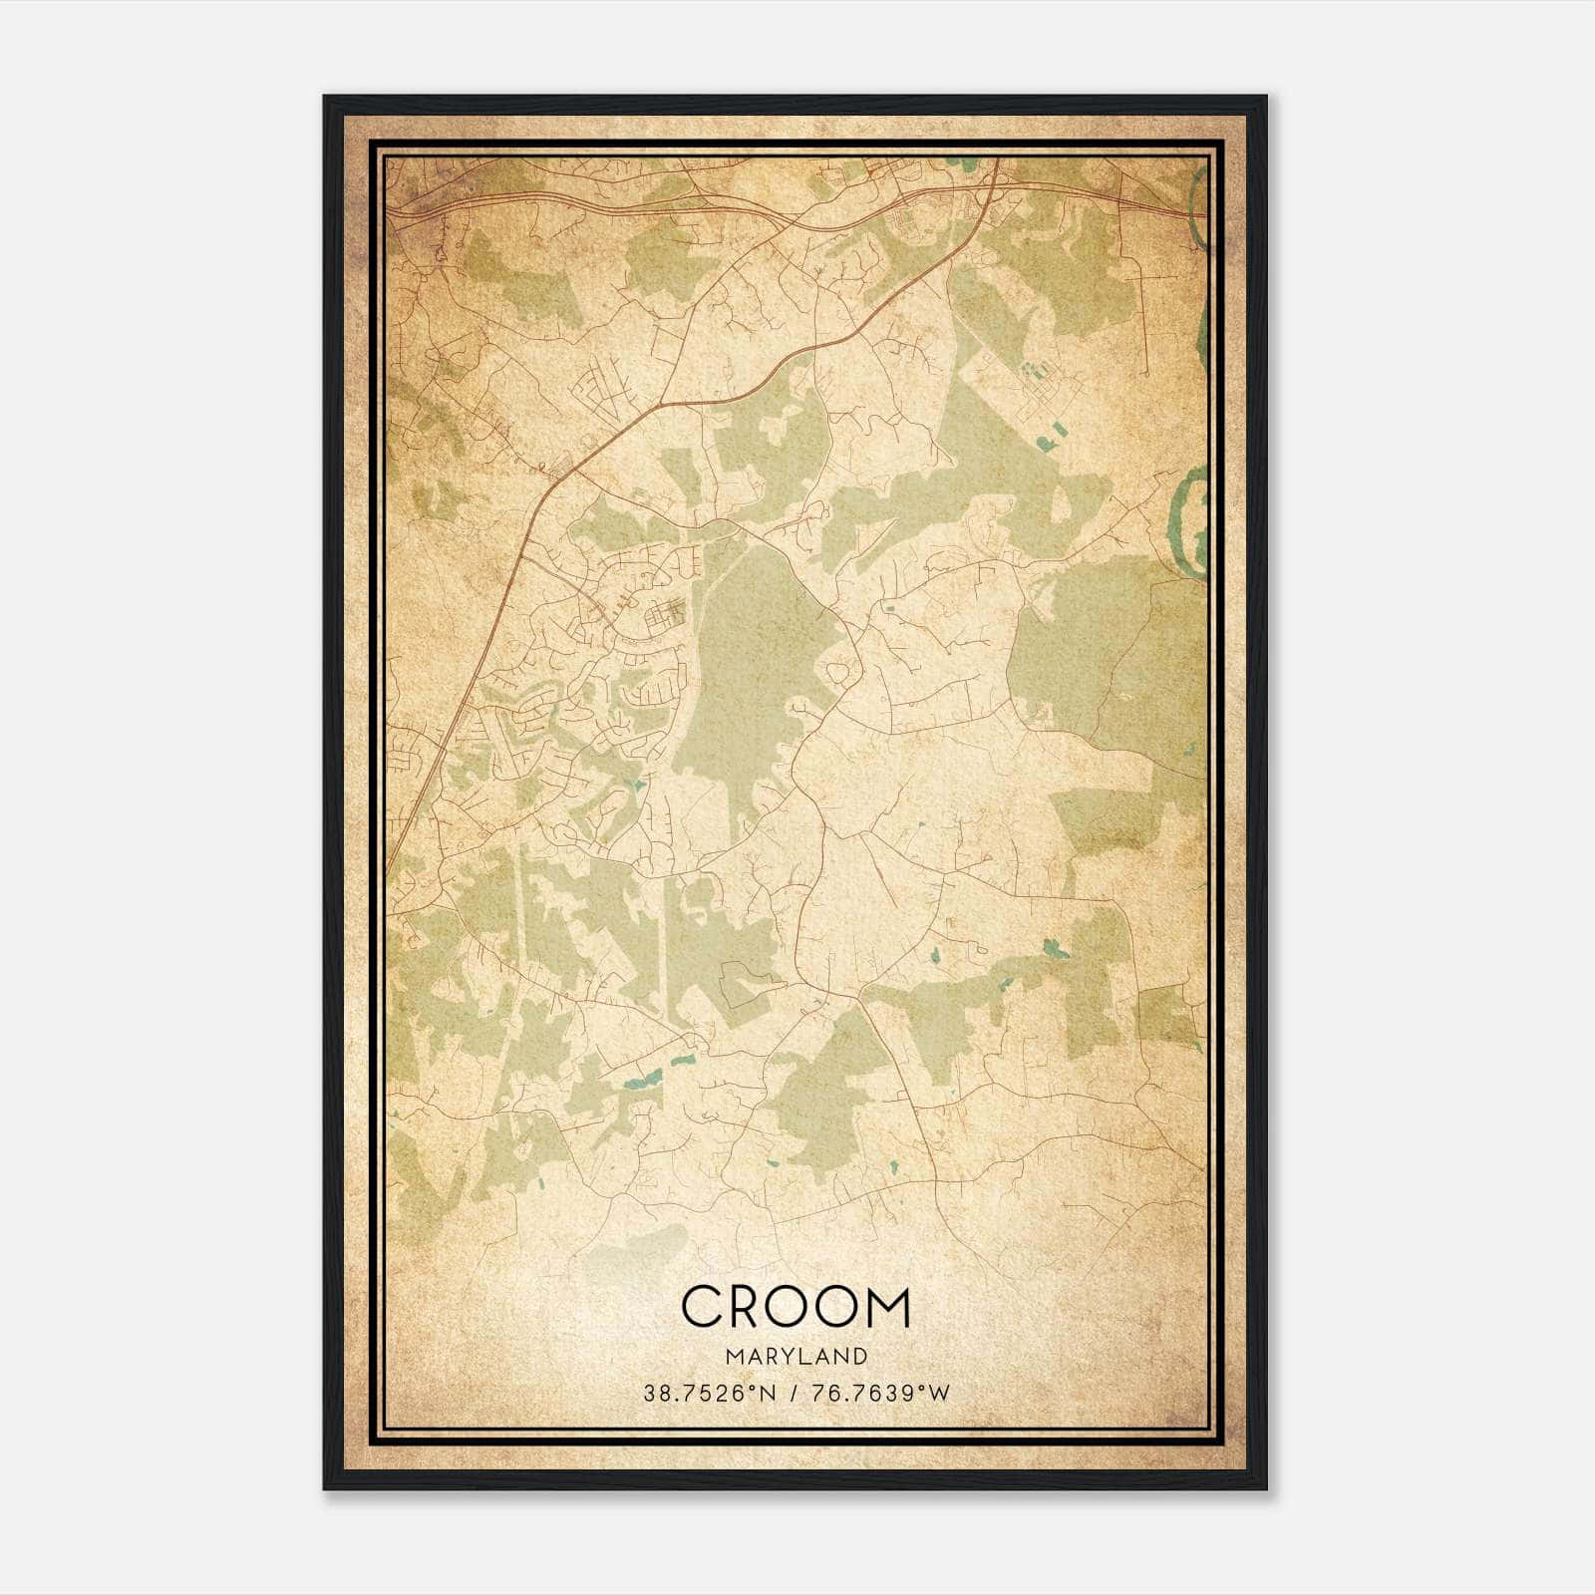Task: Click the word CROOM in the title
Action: pos(796,1307)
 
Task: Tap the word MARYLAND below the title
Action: pos(796,1357)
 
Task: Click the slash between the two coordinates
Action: pos(792,1394)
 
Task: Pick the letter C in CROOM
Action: pos(701,1307)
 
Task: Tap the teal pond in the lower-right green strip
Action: pos(1053,947)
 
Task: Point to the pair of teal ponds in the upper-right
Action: pos(1050,435)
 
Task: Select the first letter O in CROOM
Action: pos(794,1307)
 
